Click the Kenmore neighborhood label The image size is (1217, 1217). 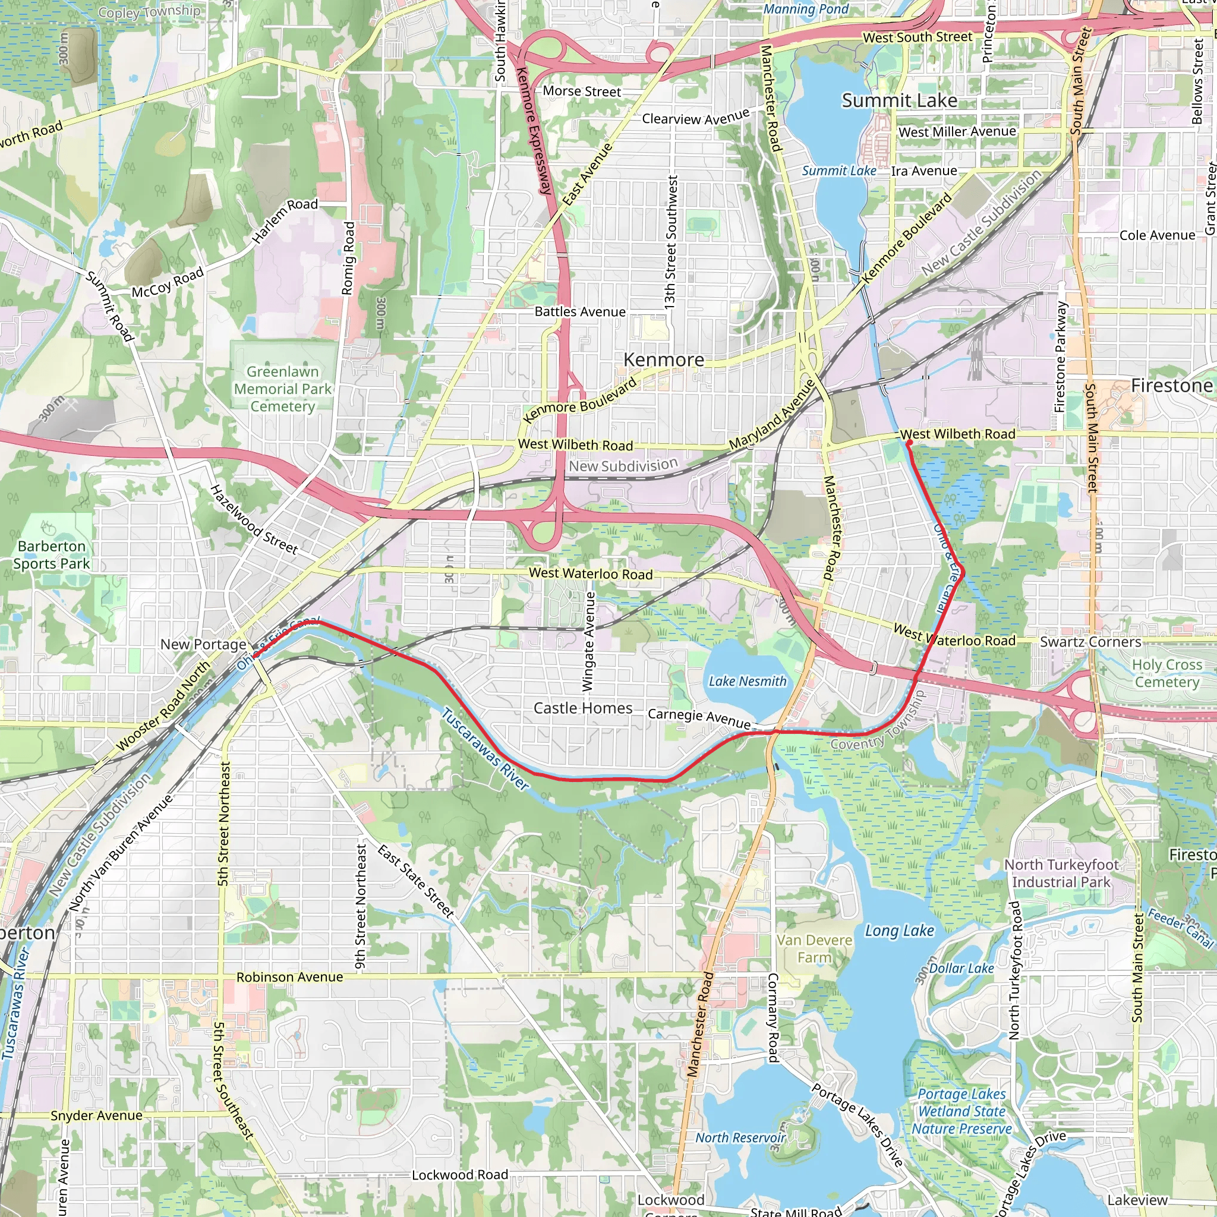coord(664,360)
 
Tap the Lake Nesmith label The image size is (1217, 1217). coord(747,681)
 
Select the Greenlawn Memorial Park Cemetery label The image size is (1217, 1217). coord(282,389)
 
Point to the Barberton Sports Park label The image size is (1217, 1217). coord(52,555)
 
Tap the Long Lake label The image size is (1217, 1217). coord(899,931)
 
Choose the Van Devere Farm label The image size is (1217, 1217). coord(814,948)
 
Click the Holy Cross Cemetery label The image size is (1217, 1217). coord(1166,673)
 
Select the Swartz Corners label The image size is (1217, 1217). coord(1090,642)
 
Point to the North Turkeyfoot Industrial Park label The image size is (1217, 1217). coord(1061,873)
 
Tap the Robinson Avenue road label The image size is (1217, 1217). coord(290,977)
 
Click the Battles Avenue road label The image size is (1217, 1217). coord(580,312)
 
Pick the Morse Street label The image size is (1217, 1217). coord(582,92)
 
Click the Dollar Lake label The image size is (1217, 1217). coord(961,968)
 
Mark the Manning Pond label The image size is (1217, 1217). coord(806,9)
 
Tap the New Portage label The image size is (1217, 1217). coord(203,644)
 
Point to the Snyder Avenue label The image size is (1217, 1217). coord(96,1115)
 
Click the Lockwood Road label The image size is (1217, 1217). coord(460,1175)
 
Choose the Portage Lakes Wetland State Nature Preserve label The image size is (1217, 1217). coord(961,1111)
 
